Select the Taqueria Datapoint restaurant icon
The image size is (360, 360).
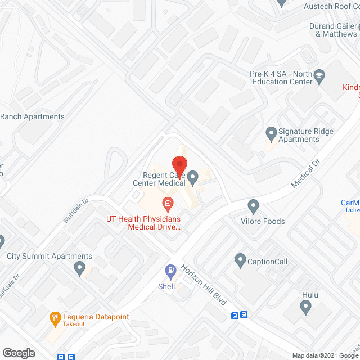(55, 318)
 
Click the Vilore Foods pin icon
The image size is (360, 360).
(254, 206)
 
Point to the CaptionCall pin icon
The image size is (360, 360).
(241, 261)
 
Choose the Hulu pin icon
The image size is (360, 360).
(305, 307)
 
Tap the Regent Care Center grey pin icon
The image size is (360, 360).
(193, 179)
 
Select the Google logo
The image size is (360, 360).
(18, 353)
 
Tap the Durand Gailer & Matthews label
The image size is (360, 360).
(336, 30)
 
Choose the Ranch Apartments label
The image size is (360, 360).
(32, 117)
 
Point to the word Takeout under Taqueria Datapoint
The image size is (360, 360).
(74, 324)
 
